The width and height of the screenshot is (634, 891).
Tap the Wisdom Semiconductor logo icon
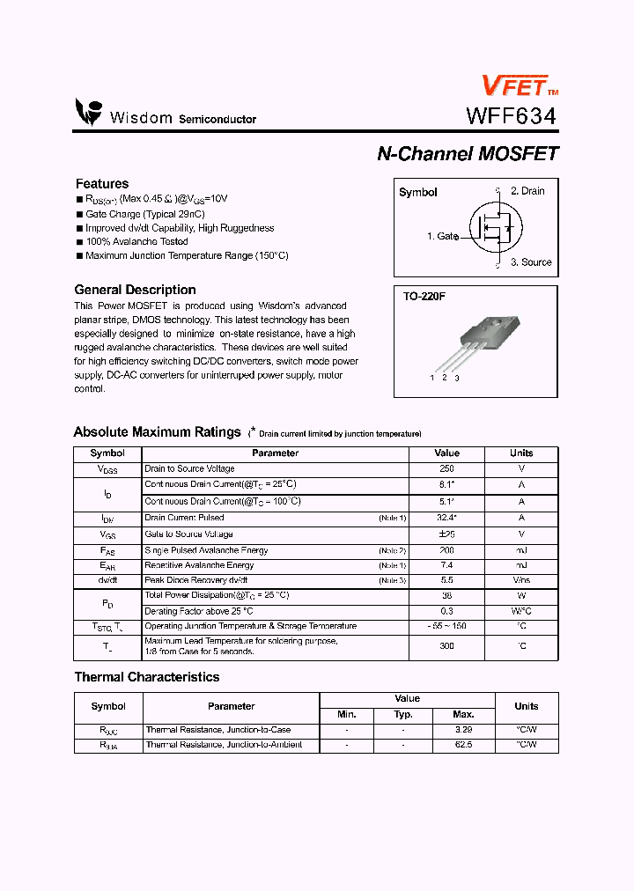tap(88, 112)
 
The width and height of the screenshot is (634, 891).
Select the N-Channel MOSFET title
tap(468, 153)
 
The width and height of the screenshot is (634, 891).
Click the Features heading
tap(102, 183)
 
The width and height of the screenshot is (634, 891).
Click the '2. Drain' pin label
tap(527, 191)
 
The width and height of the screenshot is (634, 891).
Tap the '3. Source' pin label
tap(531, 262)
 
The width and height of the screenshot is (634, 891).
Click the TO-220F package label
tap(424, 297)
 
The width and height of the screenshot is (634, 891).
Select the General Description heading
tap(135, 290)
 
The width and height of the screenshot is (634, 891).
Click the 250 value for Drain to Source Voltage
tap(446, 469)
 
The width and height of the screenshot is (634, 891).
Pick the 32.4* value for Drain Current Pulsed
tap(446, 518)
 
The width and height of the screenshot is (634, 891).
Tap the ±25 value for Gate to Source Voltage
tap(446, 534)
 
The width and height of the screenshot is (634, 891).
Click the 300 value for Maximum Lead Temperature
tap(446, 646)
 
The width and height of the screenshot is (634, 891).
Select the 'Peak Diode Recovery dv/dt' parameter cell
tap(196, 580)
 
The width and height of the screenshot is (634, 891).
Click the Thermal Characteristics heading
tap(146, 677)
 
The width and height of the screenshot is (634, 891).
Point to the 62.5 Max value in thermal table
tap(463, 745)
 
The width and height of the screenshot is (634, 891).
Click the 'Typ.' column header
tap(403, 714)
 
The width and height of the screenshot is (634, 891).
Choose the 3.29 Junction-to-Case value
tap(463, 730)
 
